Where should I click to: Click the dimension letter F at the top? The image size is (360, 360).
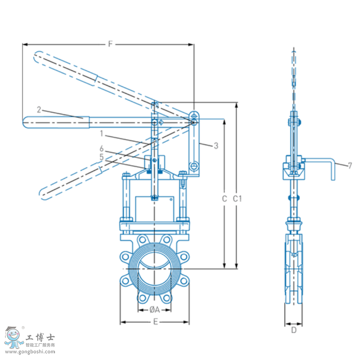[110, 44]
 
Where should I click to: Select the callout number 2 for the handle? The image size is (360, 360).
[39, 109]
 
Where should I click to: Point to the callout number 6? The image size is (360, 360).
[102, 149]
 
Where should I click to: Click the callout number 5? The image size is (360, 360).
[102, 157]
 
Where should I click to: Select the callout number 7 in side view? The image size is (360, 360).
[350, 166]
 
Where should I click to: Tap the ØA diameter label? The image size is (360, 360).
[154, 310]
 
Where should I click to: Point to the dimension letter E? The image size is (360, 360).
[155, 322]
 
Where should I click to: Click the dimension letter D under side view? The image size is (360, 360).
[294, 330]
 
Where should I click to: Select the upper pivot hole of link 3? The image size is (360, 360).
[194, 116]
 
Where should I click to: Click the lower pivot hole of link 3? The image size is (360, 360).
[194, 165]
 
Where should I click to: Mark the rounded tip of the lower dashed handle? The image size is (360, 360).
[43, 194]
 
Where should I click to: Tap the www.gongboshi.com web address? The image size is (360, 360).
[30, 351]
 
